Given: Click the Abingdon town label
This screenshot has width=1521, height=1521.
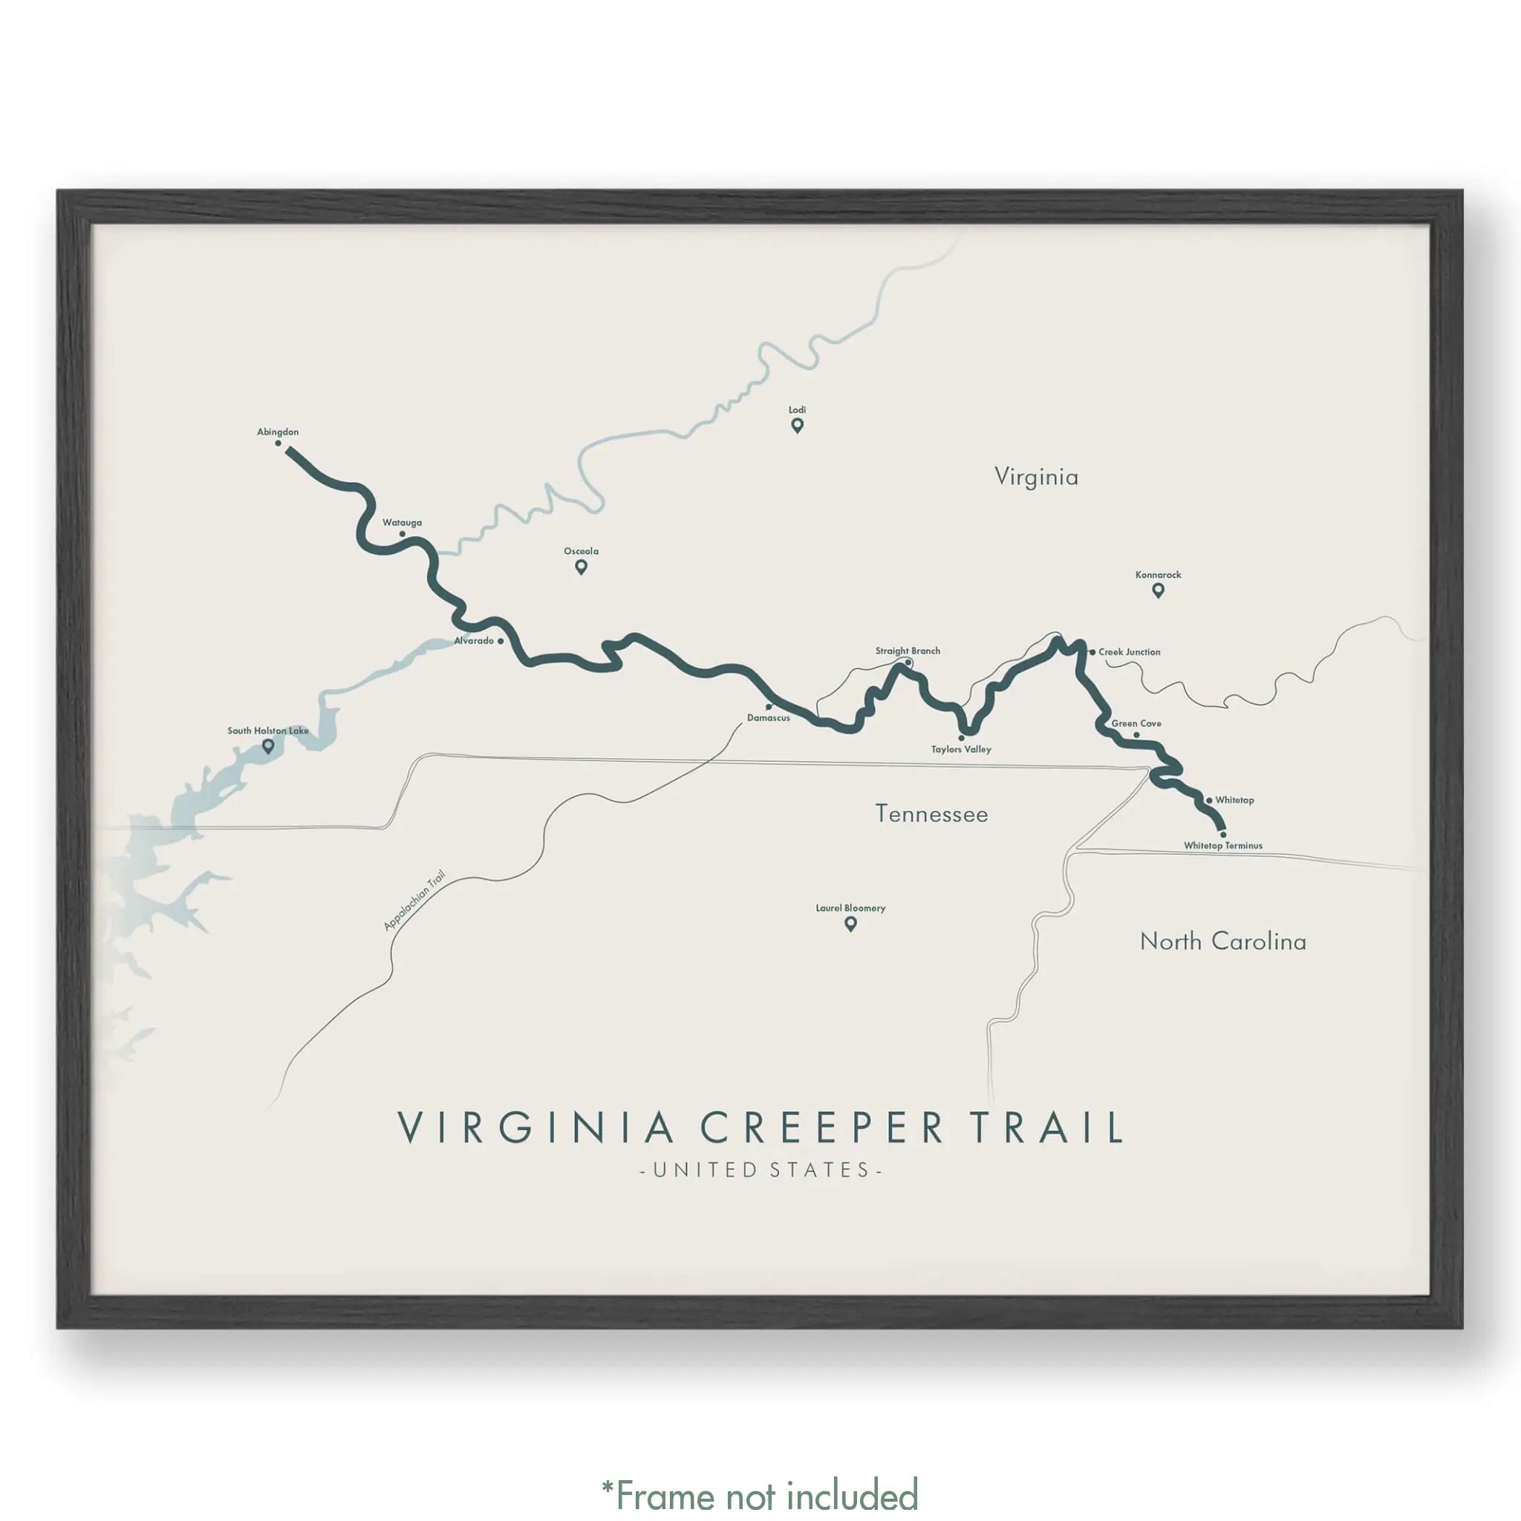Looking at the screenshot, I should tap(278, 431).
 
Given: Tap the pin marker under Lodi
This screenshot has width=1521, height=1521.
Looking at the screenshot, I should tap(797, 426).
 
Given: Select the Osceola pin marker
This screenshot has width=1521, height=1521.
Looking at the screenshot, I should tap(581, 567).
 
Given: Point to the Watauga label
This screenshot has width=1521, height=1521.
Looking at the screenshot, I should tap(402, 522).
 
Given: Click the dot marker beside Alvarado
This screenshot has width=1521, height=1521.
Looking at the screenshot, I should tap(501, 641).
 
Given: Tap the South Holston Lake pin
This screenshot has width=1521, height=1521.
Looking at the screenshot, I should tap(268, 746).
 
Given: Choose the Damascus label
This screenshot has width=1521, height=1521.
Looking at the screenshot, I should tap(769, 718).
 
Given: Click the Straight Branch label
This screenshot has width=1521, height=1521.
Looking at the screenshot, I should tap(907, 651).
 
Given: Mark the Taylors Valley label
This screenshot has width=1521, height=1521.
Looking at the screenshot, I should tap(960, 749).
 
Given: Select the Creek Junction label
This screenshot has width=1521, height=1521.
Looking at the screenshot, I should tap(1129, 652).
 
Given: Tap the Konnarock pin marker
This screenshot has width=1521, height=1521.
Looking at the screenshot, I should tap(1157, 590).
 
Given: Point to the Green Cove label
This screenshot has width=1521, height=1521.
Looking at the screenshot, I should tap(1136, 723).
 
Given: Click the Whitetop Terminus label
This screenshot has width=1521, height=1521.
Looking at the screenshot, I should tap(1222, 845).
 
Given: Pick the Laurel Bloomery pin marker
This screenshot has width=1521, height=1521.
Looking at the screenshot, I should tap(850, 924).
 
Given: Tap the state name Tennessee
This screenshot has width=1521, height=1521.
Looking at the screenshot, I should tap(931, 814).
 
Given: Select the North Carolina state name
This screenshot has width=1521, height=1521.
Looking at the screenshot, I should tap(1222, 942).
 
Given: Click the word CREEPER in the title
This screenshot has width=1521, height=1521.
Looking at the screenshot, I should tap(822, 1127).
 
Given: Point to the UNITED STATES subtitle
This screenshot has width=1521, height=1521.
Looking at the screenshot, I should tap(760, 1170).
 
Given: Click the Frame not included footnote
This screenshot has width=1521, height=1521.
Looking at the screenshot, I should tap(760, 1494).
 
